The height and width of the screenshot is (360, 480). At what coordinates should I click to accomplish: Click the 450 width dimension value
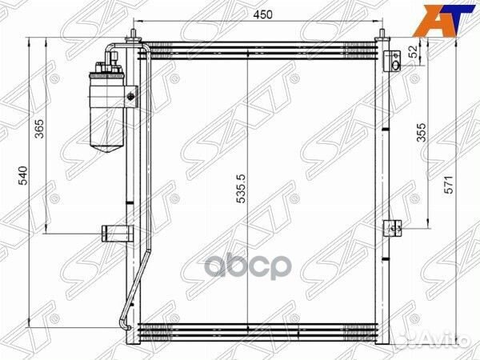click(x=263, y=14)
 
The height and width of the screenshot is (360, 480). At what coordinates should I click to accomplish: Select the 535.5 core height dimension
click(x=242, y=189)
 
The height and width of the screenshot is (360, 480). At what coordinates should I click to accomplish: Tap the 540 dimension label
click(x=23, y=175)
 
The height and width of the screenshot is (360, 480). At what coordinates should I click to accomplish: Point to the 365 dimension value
click(x=39, y=129)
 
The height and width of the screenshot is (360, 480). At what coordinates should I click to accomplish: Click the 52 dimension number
click(x=413, y=51)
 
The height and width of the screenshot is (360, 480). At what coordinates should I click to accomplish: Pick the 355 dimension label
click(x=422, y=132)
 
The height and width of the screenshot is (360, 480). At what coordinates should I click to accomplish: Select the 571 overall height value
click(x=448, y=185)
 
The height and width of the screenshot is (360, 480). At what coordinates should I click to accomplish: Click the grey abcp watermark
click(x=248, y=266)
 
